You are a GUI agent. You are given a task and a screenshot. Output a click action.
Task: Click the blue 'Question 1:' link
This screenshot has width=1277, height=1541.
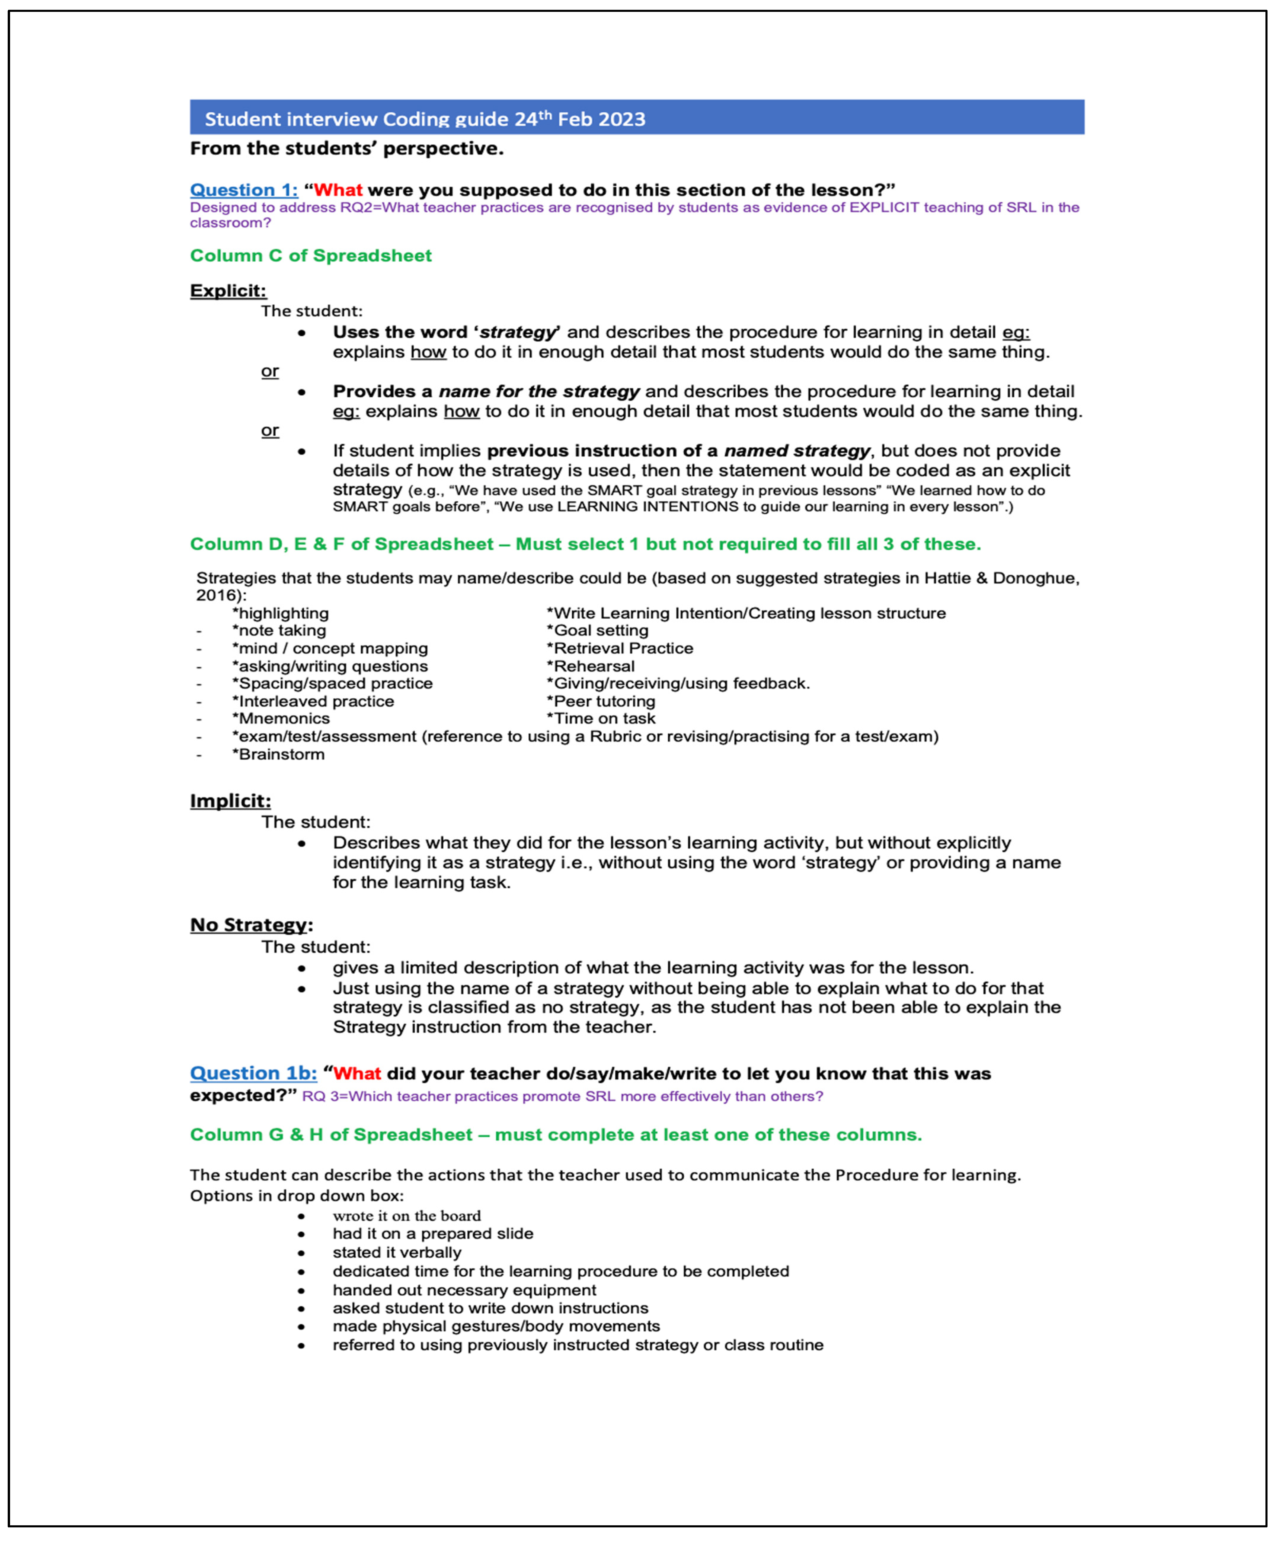click(244, 190)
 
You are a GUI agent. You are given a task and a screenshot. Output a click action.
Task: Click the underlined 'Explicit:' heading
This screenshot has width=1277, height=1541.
click(228, 291)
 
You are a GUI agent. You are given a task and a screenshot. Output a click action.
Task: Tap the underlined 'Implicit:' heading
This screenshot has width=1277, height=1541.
click(230, 801)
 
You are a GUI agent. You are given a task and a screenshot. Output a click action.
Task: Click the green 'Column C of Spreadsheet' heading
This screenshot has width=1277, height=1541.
click(311, 255)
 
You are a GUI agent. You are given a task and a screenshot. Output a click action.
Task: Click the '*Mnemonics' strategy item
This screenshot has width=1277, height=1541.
click(281, 719)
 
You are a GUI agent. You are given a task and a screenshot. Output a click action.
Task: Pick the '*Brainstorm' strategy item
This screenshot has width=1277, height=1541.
click(278, 754)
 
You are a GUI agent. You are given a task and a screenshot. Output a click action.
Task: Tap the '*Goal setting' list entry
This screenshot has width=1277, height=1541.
click(597, 630)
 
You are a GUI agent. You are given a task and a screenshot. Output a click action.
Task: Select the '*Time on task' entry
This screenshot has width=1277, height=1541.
click(601, 719)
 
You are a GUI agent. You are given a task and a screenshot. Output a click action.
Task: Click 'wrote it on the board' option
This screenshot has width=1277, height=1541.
click(407, 1216)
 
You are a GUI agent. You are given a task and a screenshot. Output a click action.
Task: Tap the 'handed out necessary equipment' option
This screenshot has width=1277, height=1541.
click(464, 1290)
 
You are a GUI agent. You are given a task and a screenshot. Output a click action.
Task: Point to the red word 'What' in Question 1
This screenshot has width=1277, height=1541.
click(338, 190)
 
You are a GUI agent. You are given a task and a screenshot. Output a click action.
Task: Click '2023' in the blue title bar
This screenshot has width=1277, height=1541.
click(622, 119)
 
